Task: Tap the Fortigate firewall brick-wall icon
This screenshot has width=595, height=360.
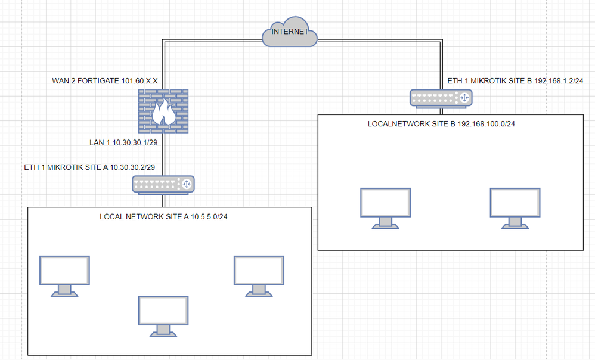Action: [x=163, y=111]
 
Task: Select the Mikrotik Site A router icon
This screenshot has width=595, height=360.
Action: [x=163, y=184]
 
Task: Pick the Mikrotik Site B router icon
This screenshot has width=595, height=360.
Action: [x=441, y=98]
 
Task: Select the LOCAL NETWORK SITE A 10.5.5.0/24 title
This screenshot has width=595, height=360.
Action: [x=163, y=216]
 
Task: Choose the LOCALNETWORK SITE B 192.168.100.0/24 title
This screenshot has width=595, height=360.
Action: [x=441, y=123]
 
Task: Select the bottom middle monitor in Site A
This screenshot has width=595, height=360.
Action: [x=163, y=315]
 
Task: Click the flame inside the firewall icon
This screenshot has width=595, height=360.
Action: [x=163, y=113]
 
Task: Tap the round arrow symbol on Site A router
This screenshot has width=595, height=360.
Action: [x=187, y=184]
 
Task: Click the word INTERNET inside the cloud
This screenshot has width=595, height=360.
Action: [x=289, y=32]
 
